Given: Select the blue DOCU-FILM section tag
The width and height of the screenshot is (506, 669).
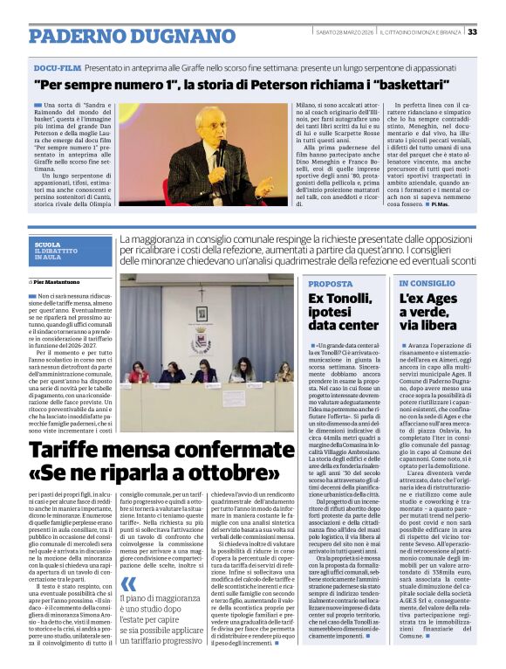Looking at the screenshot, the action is pos(58,66).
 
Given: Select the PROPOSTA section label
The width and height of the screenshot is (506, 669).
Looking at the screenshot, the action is pos(330,284).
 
